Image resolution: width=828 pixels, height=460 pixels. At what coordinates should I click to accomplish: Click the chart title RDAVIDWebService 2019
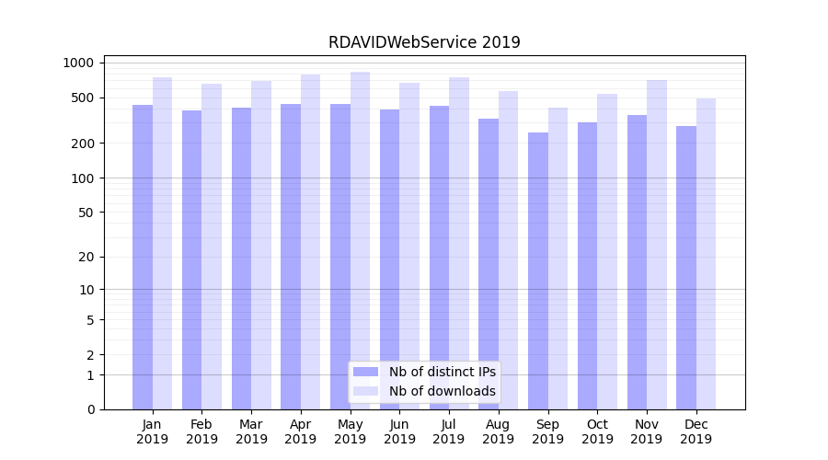point(424,42)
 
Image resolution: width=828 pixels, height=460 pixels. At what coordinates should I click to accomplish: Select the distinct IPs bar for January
point(143,258)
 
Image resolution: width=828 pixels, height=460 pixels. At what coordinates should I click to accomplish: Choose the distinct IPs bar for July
point(439,258)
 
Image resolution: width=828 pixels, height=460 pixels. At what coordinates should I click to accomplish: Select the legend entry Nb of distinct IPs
point(442,372)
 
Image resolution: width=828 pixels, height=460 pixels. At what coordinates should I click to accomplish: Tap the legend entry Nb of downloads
point(442,391)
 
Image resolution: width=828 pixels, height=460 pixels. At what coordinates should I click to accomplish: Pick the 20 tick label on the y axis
point(86,257)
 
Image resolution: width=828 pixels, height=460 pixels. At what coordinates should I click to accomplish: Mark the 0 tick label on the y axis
point(90,409)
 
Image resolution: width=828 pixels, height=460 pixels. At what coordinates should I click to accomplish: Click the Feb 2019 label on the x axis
point(201,431)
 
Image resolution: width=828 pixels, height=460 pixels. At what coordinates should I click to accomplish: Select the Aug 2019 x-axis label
point(499,431)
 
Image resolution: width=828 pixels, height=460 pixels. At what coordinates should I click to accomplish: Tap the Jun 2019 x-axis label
point(399,431)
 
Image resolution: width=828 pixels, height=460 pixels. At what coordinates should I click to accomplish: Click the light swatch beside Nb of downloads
point(365,391)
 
